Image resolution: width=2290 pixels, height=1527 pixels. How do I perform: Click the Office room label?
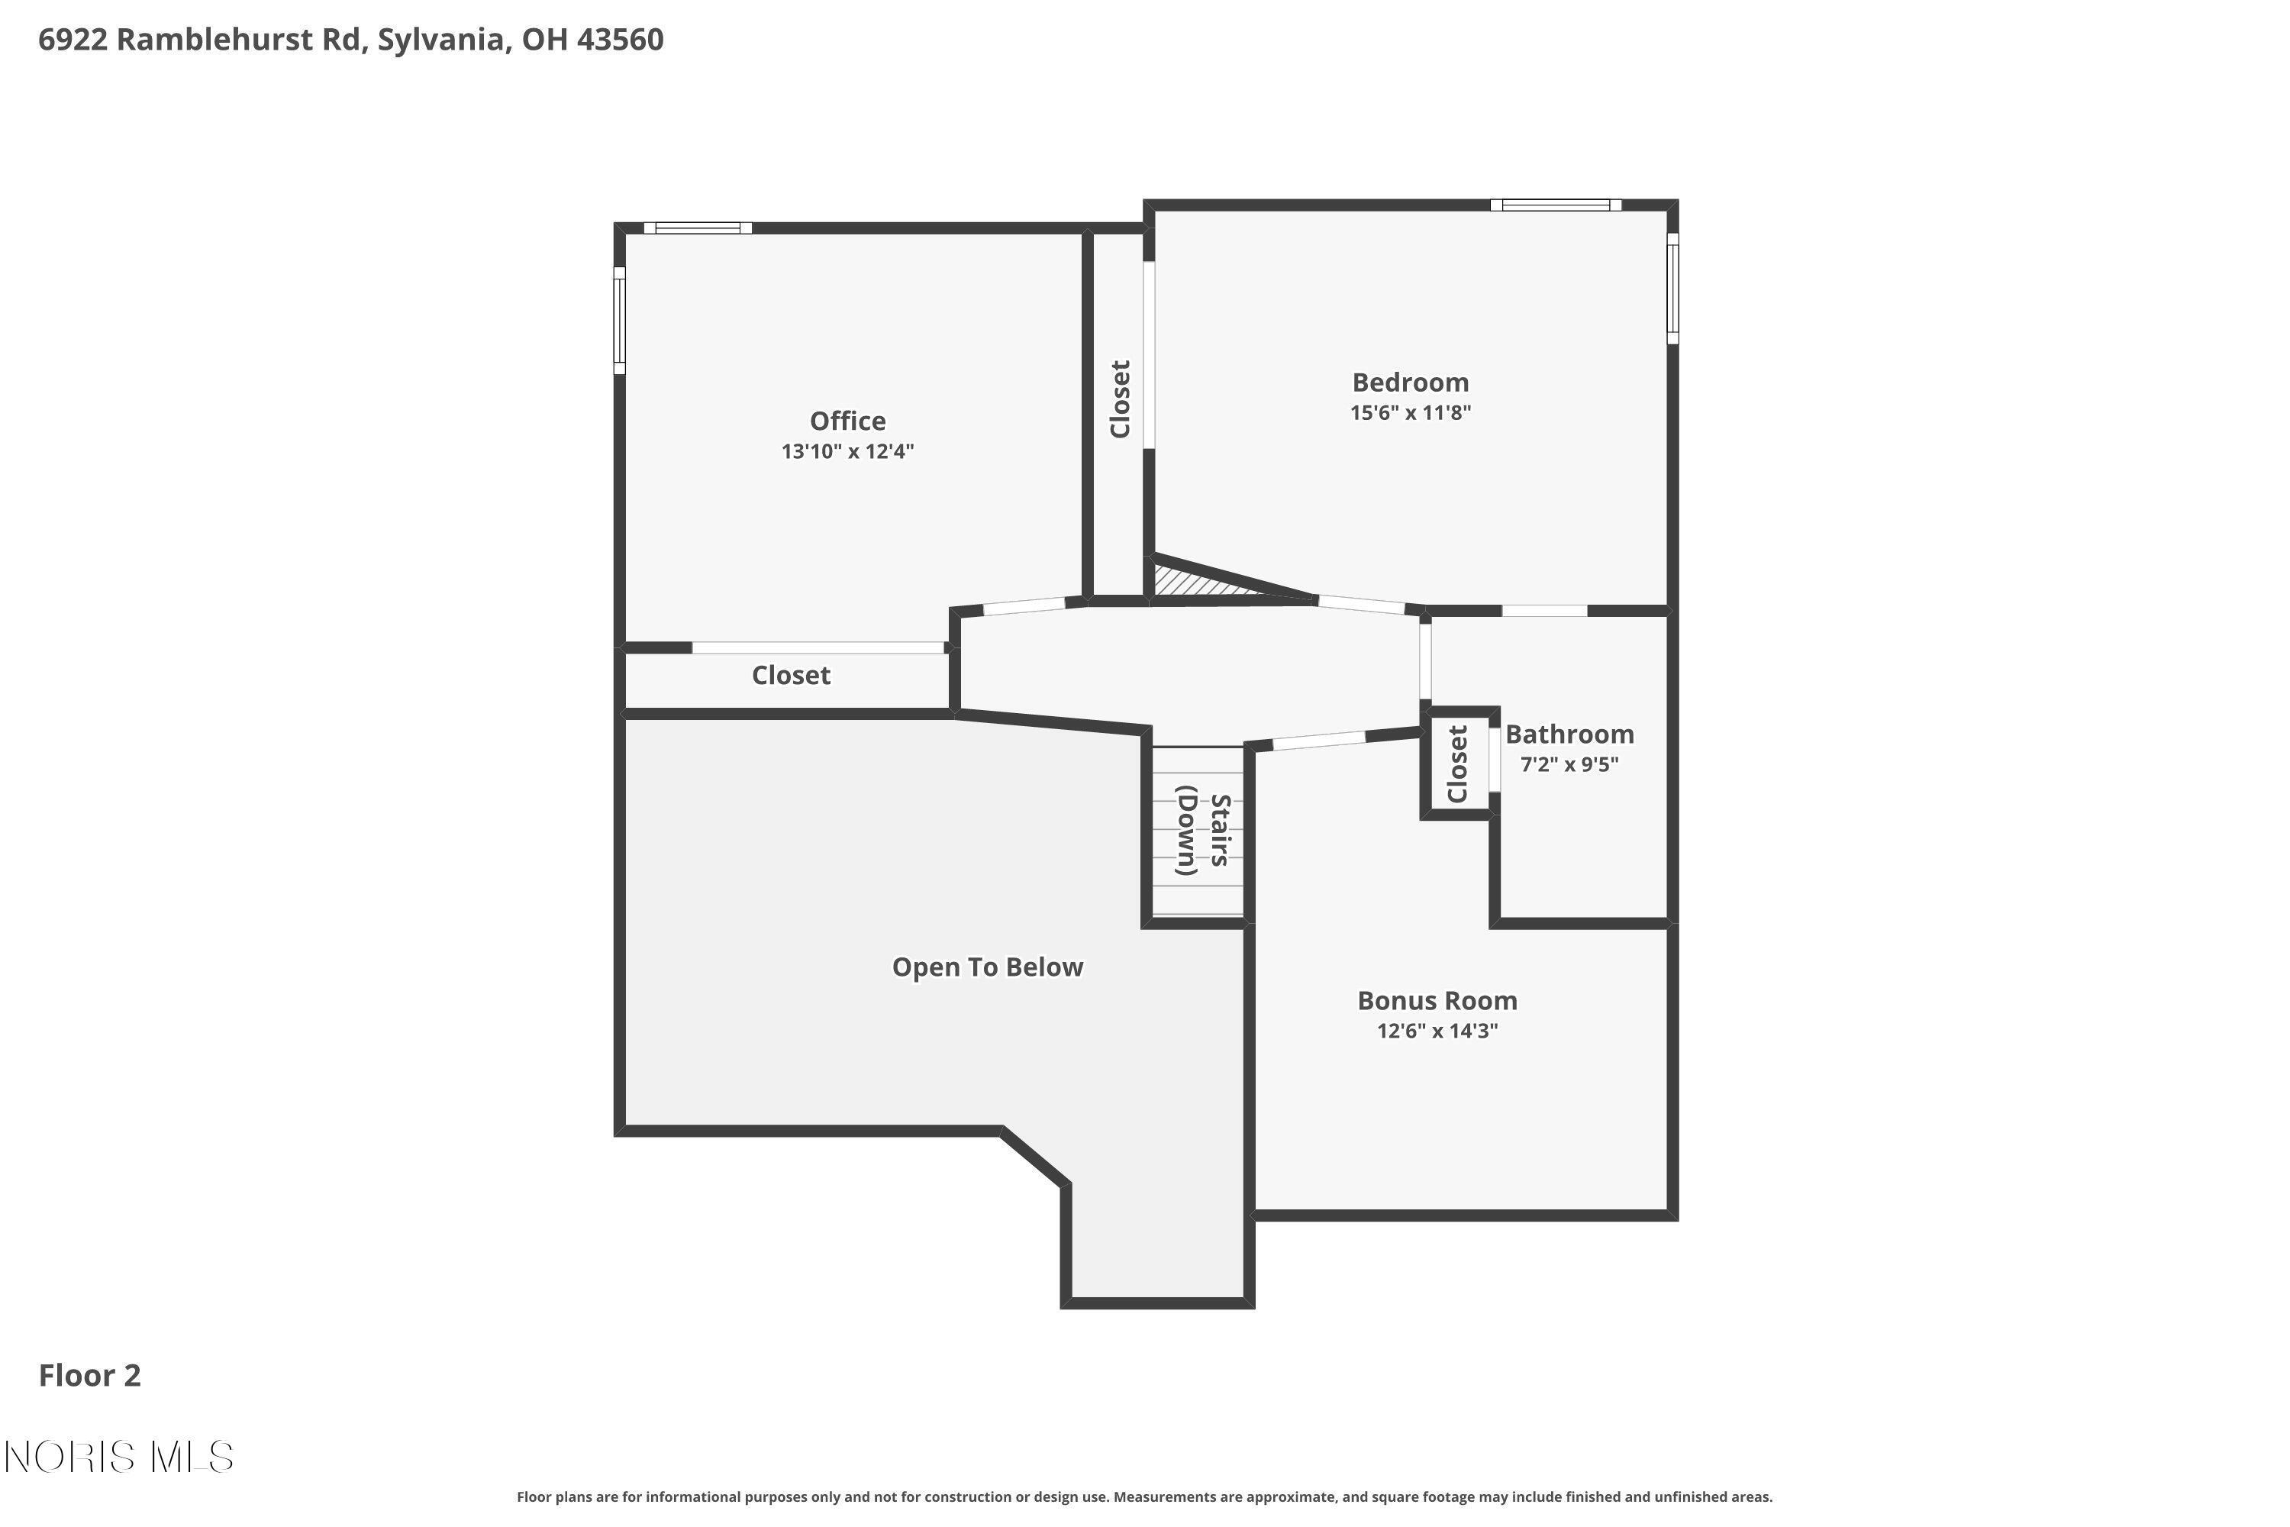pyautogui.click(x=847, y=421)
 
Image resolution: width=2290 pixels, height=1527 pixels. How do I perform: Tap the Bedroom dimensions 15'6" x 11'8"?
pyautogui.click(x=1409, y=412)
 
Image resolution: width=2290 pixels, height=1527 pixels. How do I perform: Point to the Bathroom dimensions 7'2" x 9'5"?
pyautogui.click(x=1569, y=764)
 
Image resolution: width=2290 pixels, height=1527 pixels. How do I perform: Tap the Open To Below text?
pyautogui.click(x=986, y=967)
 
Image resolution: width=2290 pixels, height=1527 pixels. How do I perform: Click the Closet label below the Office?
pyautogui.click(x=791, y=675)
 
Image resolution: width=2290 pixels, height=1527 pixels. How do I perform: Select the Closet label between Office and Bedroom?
pyautogui.click(x=1120, y=399)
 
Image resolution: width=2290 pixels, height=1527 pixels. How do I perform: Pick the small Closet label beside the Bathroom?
pyautogui.click(x=1456, y=763)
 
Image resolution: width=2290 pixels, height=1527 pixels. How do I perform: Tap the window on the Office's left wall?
pyautogui.click(x=619, y=321)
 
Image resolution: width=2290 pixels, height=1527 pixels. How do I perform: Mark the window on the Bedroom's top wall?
pyautogui.click(x=1555, y=205)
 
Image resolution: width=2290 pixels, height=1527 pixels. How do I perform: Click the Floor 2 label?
pyautogui.click(x=89, y=1375)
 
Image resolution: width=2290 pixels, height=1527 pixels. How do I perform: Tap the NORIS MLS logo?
pyautogui.click(x=119, y=1457)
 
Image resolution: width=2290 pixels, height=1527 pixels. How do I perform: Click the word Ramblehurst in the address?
pyautogui.click(x=238, y=40)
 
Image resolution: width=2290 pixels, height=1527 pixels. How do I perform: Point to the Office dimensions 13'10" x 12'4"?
pyautogui.click(x=847, y=452)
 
